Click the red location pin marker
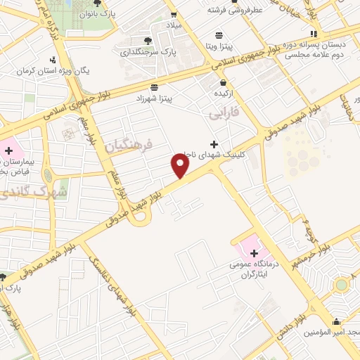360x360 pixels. tap(181, 166)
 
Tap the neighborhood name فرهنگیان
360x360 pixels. tap(128, 146)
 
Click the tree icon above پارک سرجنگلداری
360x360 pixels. tap(147, 41)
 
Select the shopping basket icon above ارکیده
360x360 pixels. tap(223, 82)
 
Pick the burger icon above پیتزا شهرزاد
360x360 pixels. tap(164, 87)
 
